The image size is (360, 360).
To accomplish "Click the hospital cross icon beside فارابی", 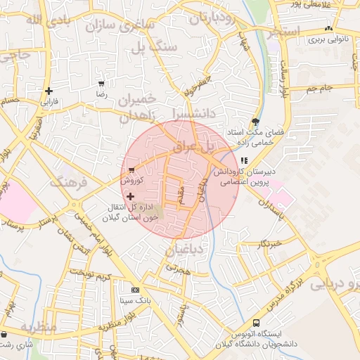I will click(x=49, y=91).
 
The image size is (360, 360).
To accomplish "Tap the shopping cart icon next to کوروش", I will click(x=131, y=170).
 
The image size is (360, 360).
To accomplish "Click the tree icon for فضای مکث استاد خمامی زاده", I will click(x=245, y=122).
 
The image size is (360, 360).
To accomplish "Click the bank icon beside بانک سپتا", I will click(x=135, y=290).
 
